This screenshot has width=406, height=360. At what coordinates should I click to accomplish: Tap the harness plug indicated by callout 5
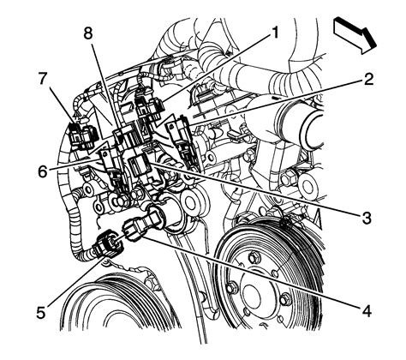(x=113, y=242)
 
